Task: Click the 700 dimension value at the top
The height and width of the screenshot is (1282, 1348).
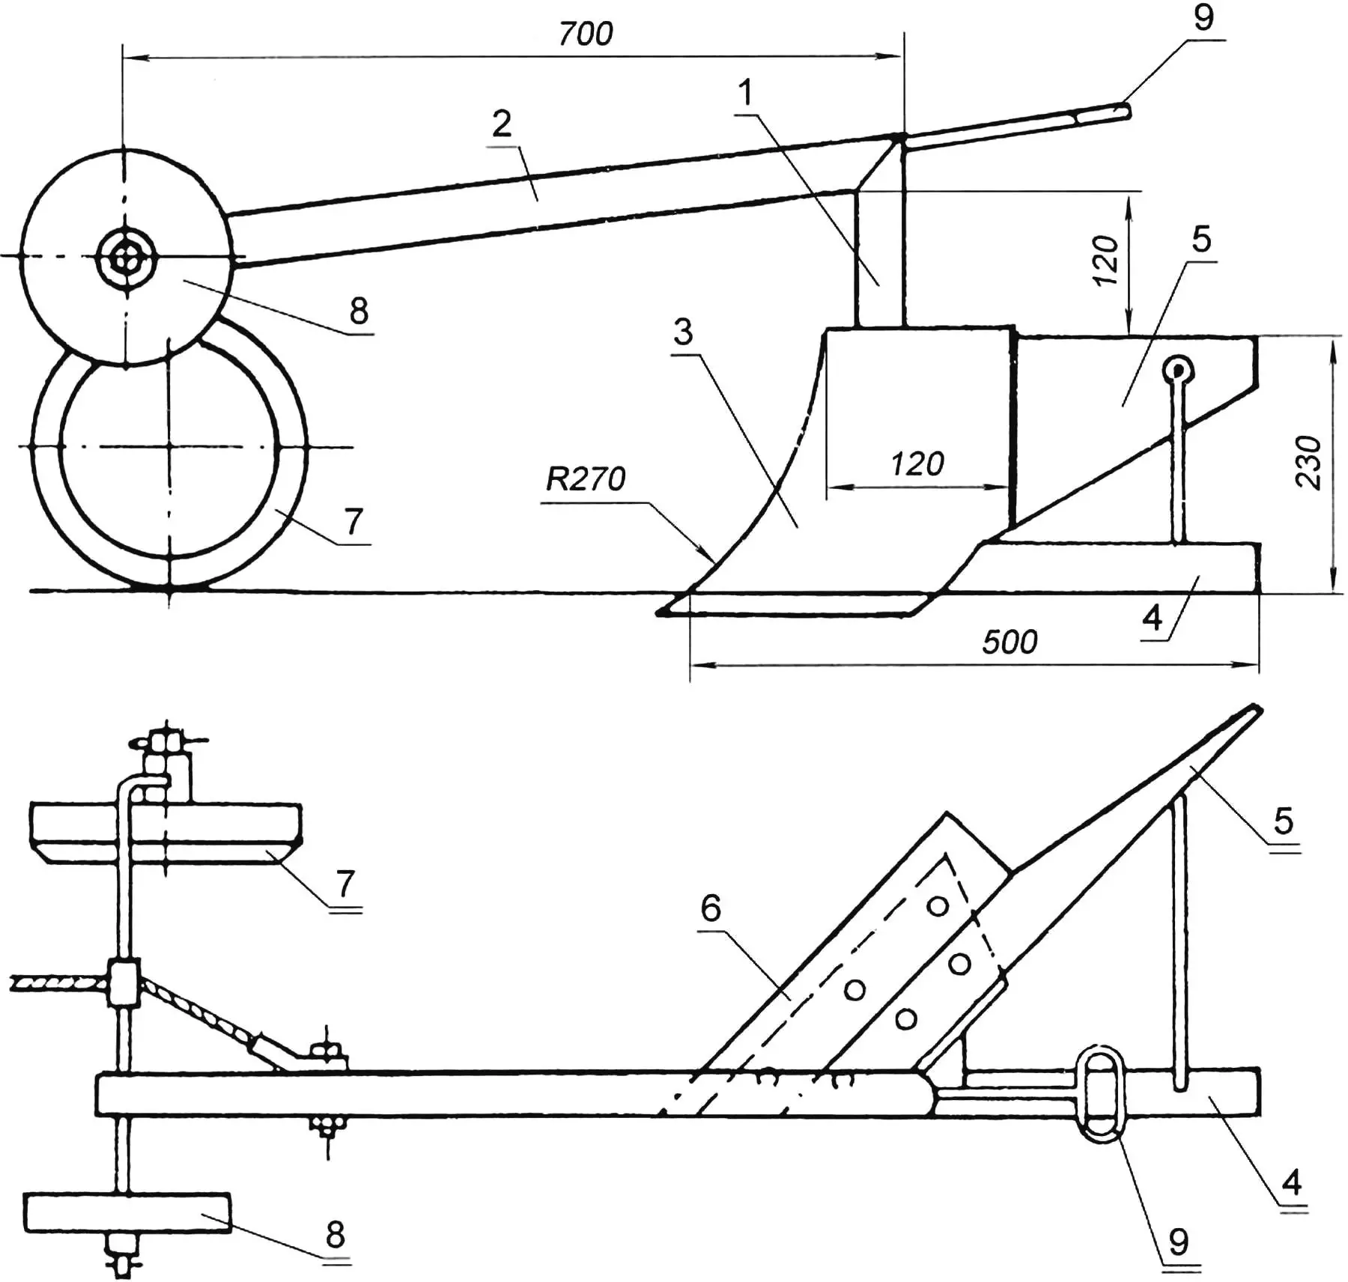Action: pos(586,34)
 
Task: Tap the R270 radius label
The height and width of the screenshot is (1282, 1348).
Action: pos(585,479)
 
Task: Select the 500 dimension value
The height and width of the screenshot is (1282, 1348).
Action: pos(1010,642)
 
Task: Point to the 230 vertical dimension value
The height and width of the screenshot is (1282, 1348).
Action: pos(1308,462)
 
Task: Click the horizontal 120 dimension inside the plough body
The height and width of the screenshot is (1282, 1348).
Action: pos(917,464)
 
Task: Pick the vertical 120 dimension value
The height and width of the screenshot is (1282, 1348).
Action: pos(1105,260)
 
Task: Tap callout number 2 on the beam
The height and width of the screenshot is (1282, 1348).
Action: pos(502,124)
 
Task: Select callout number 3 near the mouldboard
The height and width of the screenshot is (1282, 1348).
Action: pos(683,332)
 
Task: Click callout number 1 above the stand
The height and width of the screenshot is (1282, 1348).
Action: pos(745,93)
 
